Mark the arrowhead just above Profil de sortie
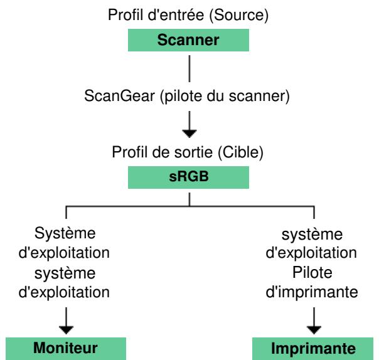point(189,133)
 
